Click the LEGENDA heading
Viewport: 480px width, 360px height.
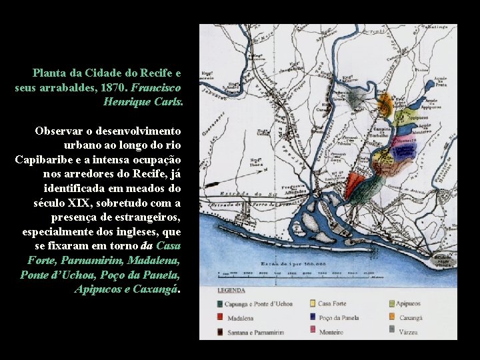231,291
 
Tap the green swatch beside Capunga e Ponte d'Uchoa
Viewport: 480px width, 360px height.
221,304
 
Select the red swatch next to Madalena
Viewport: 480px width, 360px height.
221,318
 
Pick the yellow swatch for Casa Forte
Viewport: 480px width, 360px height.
311,304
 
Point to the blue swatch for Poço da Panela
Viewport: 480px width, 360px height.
311,318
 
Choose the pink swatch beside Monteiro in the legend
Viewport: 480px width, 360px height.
311,331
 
